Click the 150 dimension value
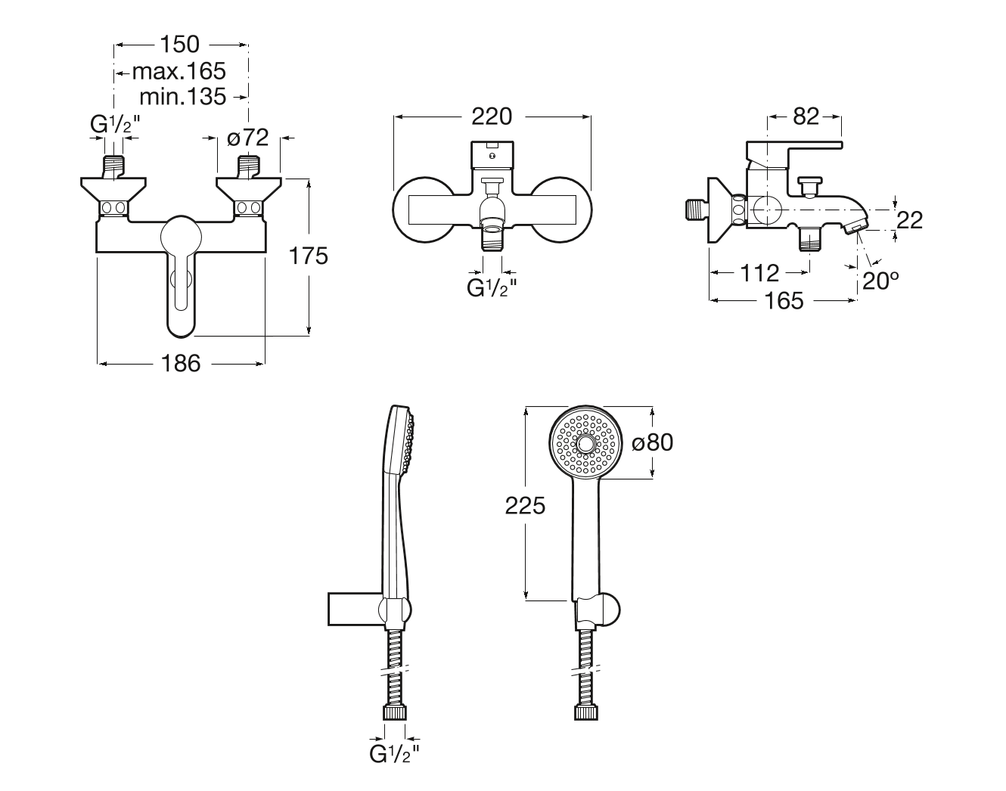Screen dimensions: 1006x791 point(180,45)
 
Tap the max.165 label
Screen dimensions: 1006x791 point(179,72)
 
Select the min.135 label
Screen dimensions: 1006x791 point(183,97)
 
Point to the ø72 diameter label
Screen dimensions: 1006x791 point(248,138)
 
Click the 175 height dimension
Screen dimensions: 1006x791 point(309,256)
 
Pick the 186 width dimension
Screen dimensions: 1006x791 point(181,363)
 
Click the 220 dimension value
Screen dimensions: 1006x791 point(492,116)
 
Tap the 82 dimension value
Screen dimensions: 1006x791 point(806,116)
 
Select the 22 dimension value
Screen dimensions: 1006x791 point(910,220)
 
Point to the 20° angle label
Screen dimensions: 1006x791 point(880,281)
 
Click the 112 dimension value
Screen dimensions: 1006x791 point(759,273)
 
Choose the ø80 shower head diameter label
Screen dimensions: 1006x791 point(652,442)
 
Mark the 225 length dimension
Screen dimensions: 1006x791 point(525,506)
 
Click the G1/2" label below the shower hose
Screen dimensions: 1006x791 point(394,754)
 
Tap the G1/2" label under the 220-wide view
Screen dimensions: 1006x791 point(492,288)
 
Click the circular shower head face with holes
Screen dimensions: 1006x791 point(585,445)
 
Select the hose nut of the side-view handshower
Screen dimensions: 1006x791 point(395,713)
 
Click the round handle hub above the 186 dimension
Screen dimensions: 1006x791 point(181,237)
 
